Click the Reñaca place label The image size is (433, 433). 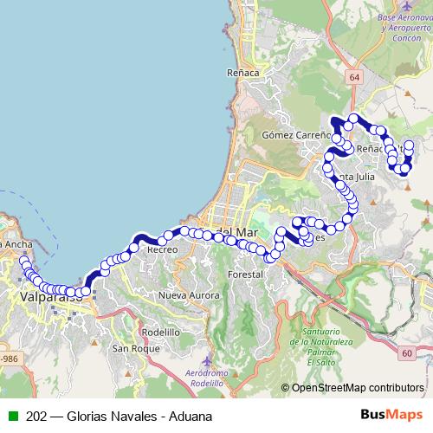(x=242, y=73)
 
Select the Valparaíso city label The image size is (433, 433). (x=48, y=297)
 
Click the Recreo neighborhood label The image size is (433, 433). (x=162, y=249)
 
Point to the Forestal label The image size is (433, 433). (x=245, y=275)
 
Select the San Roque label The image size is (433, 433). (x=132, y=348)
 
